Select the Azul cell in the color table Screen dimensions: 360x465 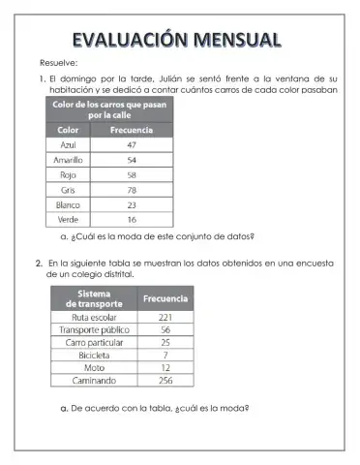pyautogui.click(x=69, y=144)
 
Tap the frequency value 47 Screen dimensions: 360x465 pyautogui.click(x=131, y=144)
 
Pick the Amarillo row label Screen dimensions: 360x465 pyautogui.click(x=69, y=159)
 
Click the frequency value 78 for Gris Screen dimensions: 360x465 pyautogui.click(x=131, y=190)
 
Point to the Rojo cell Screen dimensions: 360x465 pyautogui.click(x=69, y=174)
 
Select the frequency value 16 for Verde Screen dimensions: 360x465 pyautogui.click(x=131, y=220)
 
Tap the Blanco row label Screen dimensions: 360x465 pyautogui.click(x=69, y=204)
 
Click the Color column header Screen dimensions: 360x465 pyautogui.click(x=69, y=129)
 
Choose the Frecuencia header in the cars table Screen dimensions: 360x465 pyautogui.click(x=131, y=129)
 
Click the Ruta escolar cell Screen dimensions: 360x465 pyautogui.click(x=95, y=317)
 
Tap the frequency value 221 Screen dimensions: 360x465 pyautogui.click(x=165, y=317)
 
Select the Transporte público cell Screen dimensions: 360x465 pyautogui.click(x=95, y=329)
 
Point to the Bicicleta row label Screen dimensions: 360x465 pyautogui.click(x=95, y=356)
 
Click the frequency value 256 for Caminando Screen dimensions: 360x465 pyautogui.click(x=165, y=381)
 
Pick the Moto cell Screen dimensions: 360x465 pyautogui.click(x=95, y=368)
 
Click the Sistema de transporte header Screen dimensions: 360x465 pyautogui.click(x=95, y=298)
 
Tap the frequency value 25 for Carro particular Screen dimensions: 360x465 pyautogui.click(x=165, y=342)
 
